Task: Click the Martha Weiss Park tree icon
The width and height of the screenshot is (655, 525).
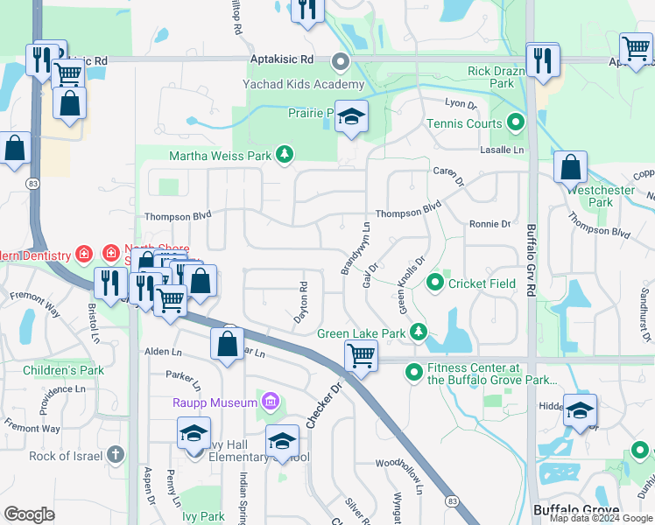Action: coord(284,156)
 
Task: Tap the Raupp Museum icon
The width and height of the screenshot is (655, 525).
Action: coord(271,402)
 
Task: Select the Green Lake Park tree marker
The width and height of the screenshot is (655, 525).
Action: coord(419,332)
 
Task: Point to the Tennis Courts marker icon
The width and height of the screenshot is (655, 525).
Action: coord(516,123)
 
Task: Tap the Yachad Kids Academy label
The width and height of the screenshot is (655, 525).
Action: coord(304,84)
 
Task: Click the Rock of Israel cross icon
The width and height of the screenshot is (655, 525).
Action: coord(116,454)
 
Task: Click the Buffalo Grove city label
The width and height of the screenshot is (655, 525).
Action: coord(575,509)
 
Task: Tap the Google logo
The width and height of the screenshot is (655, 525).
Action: coord(29,514)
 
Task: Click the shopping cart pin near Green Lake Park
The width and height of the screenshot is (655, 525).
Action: coord(361,356)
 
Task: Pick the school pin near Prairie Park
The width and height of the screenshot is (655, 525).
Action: coord(351,117)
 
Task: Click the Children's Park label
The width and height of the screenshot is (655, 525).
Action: coord(66,370)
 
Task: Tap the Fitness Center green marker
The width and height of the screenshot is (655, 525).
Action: coord(414,373)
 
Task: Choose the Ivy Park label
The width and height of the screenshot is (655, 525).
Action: coord(203,516)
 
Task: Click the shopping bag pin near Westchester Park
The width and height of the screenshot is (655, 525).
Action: coord(570,166)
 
